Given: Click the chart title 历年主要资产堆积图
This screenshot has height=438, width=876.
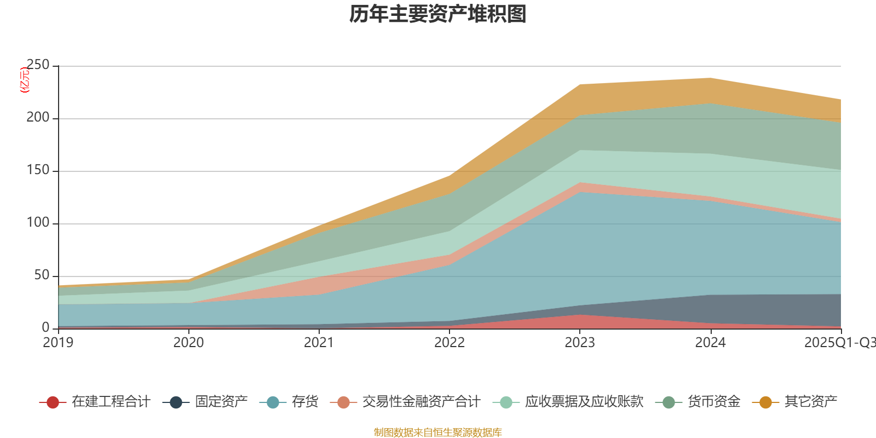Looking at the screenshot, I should pyautogui.click(x=438, y=15).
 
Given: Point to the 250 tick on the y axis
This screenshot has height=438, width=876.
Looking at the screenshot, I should pyautogui.click(x=38, y=65).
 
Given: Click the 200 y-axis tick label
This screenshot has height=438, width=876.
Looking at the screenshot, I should pyautogui.click(x=38, y=118).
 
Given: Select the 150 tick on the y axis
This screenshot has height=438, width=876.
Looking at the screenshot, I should pyautogui.click(x=38, y=170).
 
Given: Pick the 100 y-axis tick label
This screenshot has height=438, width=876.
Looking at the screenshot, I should pyautogui.click(x=38, y=223).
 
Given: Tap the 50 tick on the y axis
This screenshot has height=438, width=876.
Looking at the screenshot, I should pyautogui.click(x=42, y=275).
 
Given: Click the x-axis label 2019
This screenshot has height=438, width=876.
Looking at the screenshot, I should pyautogui.click(x=58, y=343).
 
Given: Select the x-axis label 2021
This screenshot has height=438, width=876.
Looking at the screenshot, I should pyautogui.click(x=319, y=343).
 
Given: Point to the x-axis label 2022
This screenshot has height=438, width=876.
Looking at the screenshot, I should pyautogui.click(x=449, y=343).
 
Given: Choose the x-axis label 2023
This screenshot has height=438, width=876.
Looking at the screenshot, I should pyautogui.click(x=580, y=343).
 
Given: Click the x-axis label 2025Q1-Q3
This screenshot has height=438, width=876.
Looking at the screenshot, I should pyautogui.click(x=839, y=343).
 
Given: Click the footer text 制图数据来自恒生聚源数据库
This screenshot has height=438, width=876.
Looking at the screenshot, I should pyautogui.click(x=438, y=433).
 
